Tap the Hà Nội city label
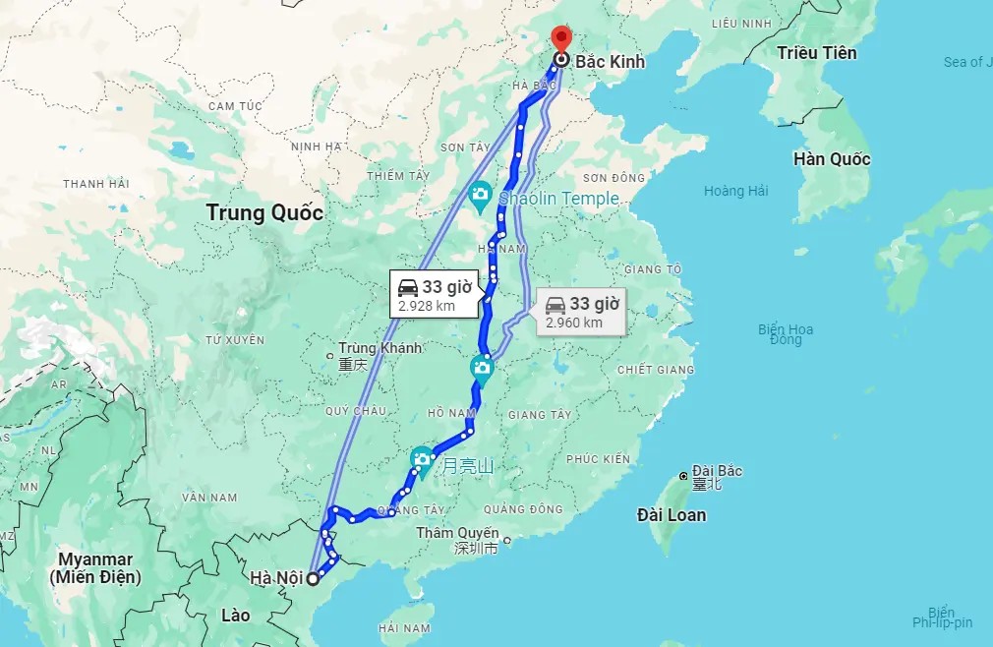[x=275, y=577]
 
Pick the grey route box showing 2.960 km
[x=581, y=312]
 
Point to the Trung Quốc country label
[x=264, y=212]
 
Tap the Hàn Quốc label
[x=832, y=159]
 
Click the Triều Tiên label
[x=816, y=53]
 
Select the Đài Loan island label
[x=671, y=514]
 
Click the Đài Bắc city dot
[x=683, y=477]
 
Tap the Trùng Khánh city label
[x=380, y=348]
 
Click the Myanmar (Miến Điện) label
[x=95, y=568]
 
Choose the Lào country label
[x=236, y=616]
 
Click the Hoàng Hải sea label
[x=735, y=191]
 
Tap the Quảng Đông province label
[x=523, y=509]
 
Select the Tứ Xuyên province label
[x=235, y=340]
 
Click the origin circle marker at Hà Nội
[x=313, y=578]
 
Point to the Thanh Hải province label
[x=96, y=184]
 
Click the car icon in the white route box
[x=407, y=287]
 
